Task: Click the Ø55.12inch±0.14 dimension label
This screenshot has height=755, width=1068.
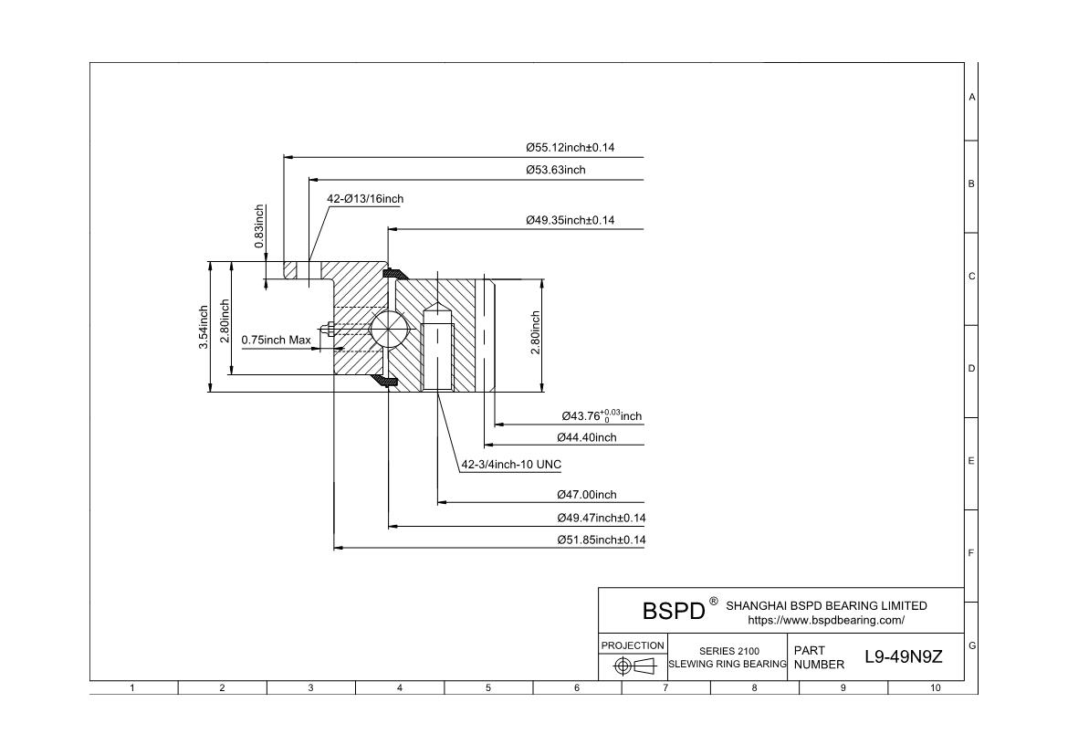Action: pos(571,147)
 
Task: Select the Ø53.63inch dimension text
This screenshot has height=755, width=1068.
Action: pos(555,170)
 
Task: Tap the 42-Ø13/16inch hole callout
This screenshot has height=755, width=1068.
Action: pos(365,199)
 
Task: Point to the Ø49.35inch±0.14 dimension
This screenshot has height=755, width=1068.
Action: pos(571,220)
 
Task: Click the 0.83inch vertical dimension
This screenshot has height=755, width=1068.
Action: pos(259,226)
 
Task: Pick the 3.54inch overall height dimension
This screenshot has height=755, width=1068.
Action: pos(204,327)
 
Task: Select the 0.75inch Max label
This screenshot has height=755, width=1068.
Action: pos(277,340)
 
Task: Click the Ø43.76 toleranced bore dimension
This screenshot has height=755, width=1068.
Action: pos(602,415)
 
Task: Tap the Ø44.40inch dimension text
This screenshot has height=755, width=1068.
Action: pos(586,437)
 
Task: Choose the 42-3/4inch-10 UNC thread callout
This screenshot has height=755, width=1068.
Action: pos(511,465)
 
